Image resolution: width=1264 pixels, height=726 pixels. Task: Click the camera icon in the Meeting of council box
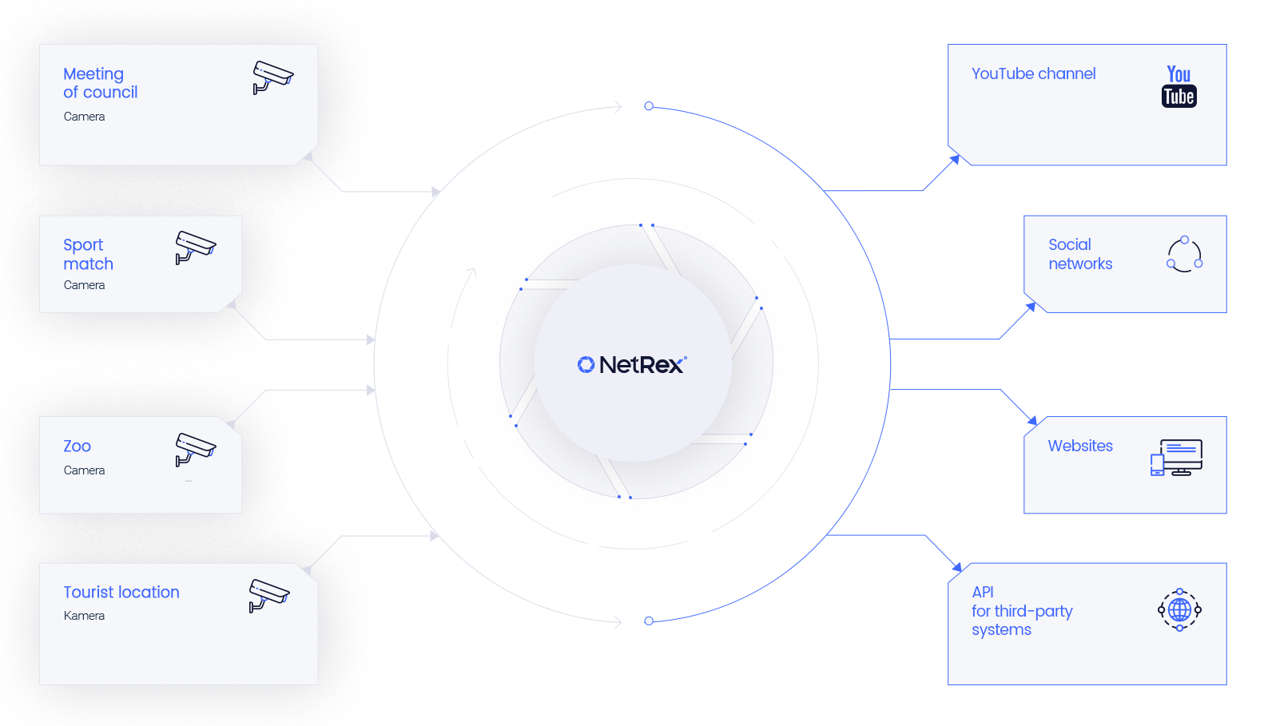point(272,77)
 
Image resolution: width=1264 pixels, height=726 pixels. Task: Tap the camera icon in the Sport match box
point(195,247)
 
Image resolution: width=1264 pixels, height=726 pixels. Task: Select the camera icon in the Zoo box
point(195,449)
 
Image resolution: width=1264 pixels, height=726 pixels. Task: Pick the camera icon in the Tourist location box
point(268,595)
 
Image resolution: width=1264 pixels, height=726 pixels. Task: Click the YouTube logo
point(1179,86)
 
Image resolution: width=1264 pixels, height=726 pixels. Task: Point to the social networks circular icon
point(1184,254)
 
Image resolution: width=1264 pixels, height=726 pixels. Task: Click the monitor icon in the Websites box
point(1177,458)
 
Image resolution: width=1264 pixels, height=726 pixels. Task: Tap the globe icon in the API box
point(1179,610)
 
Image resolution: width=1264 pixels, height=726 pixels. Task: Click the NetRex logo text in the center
point(642,365)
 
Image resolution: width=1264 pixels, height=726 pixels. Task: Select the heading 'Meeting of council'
point(100,83)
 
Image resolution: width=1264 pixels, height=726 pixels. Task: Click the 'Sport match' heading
point(88,254)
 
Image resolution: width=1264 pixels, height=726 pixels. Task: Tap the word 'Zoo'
point(77,446)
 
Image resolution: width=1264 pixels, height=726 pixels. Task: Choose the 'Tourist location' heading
point(121,593)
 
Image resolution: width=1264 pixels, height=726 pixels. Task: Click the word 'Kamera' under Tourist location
point(84,616)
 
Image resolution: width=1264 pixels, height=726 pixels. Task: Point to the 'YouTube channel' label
point(1033,73)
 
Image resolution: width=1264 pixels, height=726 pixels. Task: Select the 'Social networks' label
point(1079,254)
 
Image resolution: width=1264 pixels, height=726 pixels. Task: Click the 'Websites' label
point(1079,446)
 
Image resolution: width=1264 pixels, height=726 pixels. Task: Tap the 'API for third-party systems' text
point(1021,611)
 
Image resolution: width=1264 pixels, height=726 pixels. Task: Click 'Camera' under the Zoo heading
point(84,470)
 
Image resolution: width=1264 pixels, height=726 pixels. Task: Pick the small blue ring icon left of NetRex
point(586,365)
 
